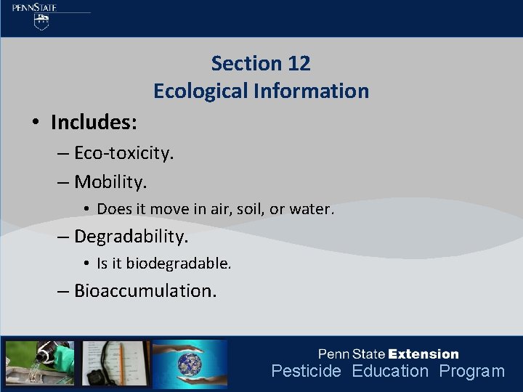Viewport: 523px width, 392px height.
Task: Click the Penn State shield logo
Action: tap(43, 22)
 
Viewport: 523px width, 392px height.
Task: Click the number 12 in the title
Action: tap(299, 64)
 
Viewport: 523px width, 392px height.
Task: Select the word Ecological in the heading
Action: tap(200, 91)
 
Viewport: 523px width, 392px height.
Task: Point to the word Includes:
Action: tap(94, 123)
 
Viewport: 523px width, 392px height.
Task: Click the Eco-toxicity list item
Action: tap(123, 154)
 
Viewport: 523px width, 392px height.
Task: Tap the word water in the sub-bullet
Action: tap(311, 209)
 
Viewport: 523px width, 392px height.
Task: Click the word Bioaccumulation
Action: tap(145, 291)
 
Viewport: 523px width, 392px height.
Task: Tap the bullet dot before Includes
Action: tap(36, 123)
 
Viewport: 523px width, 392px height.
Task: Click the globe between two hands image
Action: tap(190, 363)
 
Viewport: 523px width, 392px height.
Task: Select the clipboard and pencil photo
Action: tap(115, 362)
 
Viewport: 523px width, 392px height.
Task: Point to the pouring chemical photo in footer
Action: tap(40, 362)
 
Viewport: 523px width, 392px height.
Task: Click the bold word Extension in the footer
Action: tap(423, 354)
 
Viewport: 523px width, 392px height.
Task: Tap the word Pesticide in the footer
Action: tap(306, 372)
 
